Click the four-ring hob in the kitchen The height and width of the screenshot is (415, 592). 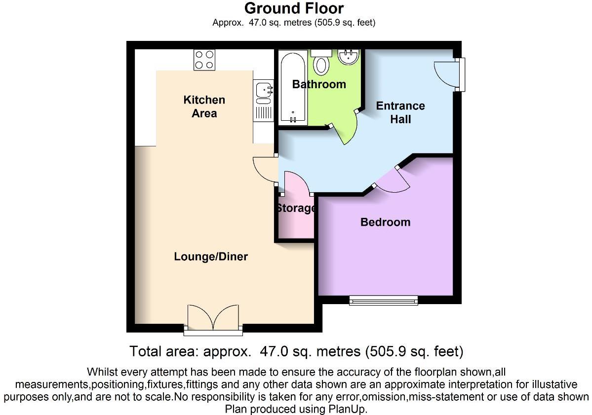click(204, 60)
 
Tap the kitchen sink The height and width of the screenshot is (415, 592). click(264, 90)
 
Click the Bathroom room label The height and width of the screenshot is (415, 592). click(319, 84)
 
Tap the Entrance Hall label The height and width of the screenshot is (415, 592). click(400, 112)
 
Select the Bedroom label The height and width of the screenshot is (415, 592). click(385, 222)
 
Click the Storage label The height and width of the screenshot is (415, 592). click(296, 208)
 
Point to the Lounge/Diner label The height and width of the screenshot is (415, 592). click(211, 257)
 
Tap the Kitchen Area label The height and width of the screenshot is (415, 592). click(204, 106)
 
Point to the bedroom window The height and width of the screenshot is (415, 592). click(384, 300)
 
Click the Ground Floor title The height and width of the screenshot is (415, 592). click(294, 8)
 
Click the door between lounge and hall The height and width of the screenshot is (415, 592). click(266, 170)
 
